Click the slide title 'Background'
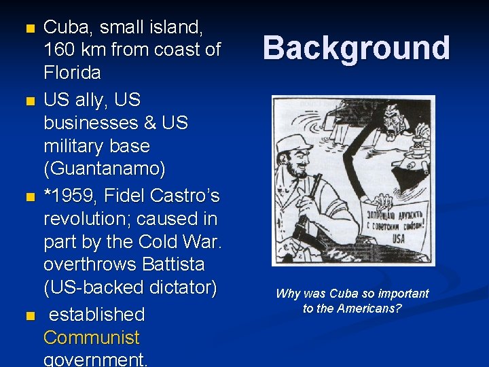coord(356,48)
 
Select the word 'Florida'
coord(72,72)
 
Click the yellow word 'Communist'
coord(92,338)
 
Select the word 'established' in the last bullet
coord(97,315)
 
